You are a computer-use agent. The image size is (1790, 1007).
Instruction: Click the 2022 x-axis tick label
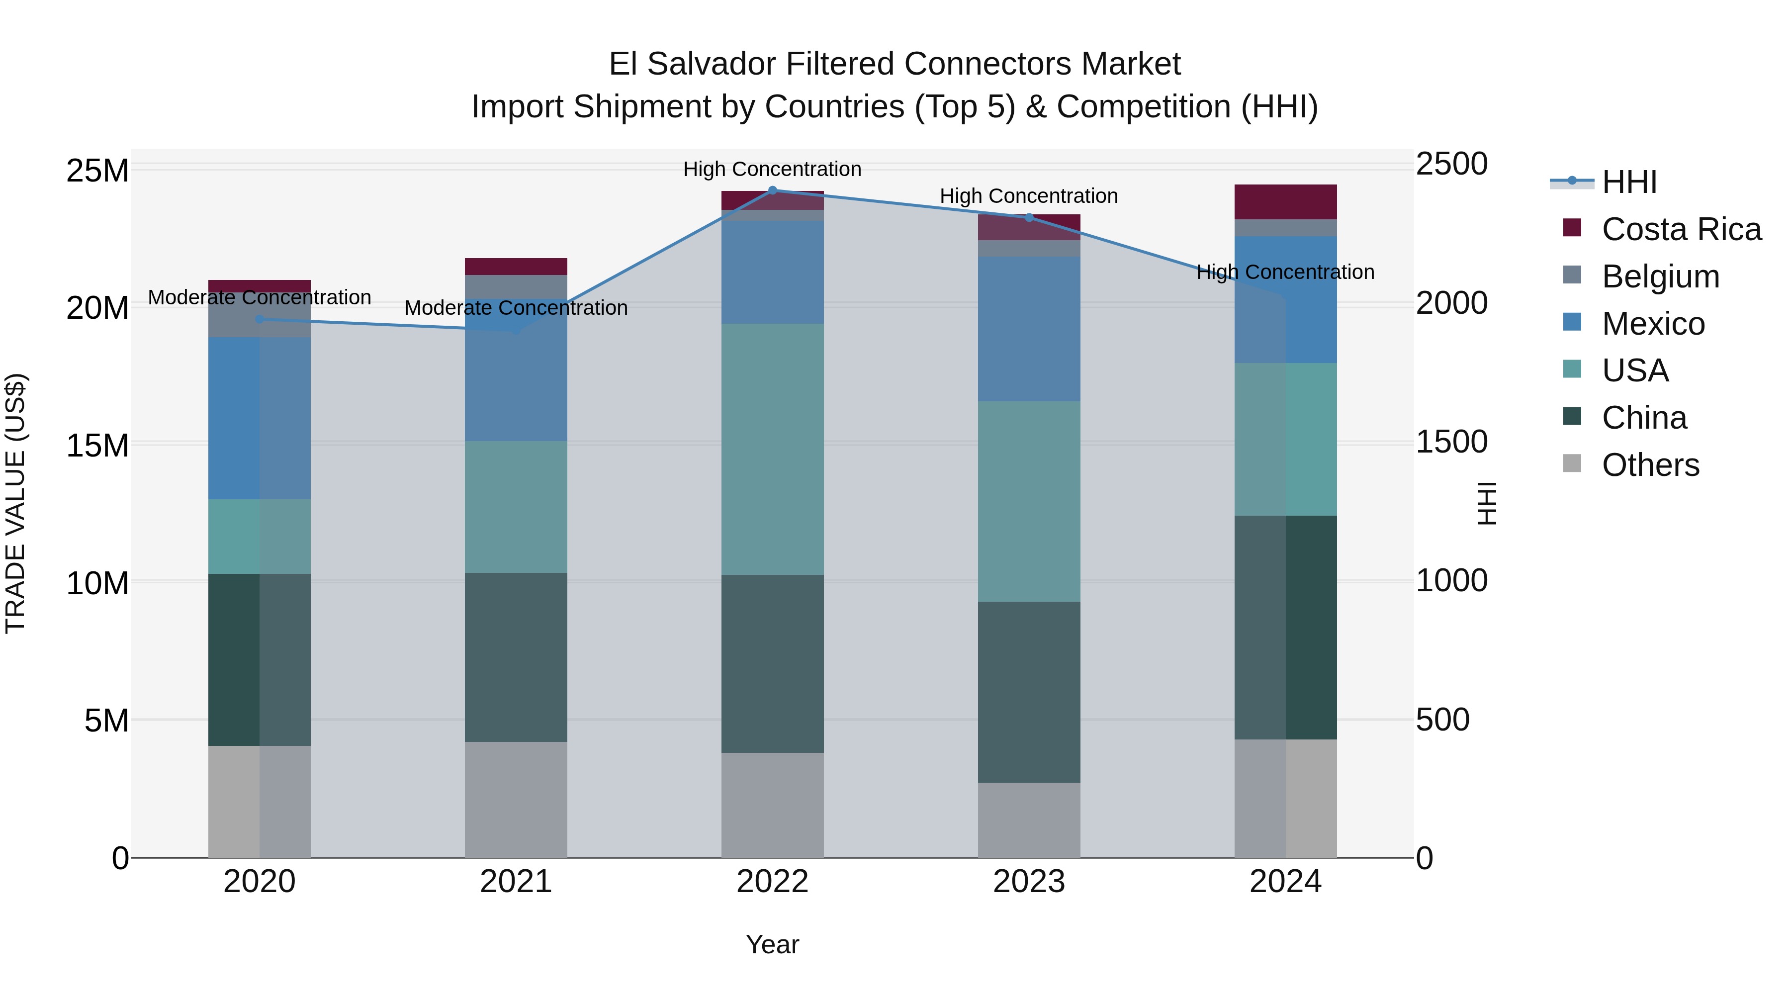point(772,882)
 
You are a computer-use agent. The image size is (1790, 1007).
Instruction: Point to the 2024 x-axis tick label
point(1285,882)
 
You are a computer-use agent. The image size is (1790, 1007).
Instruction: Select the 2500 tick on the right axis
point(1451,165)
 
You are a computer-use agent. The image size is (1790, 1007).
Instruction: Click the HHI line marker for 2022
point(772,190)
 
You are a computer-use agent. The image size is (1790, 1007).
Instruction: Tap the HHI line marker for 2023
point(1029,217)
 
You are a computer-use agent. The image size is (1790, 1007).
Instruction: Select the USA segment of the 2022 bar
point(772,449)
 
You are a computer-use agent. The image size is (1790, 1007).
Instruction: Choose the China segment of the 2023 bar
point(1029,692)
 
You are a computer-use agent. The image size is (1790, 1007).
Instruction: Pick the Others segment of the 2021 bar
point(516,799)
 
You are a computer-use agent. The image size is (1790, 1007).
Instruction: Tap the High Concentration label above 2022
point(772,169)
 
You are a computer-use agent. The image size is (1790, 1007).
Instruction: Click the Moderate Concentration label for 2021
point(516,308)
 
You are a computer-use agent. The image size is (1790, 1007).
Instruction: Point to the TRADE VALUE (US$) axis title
point(15,503)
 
